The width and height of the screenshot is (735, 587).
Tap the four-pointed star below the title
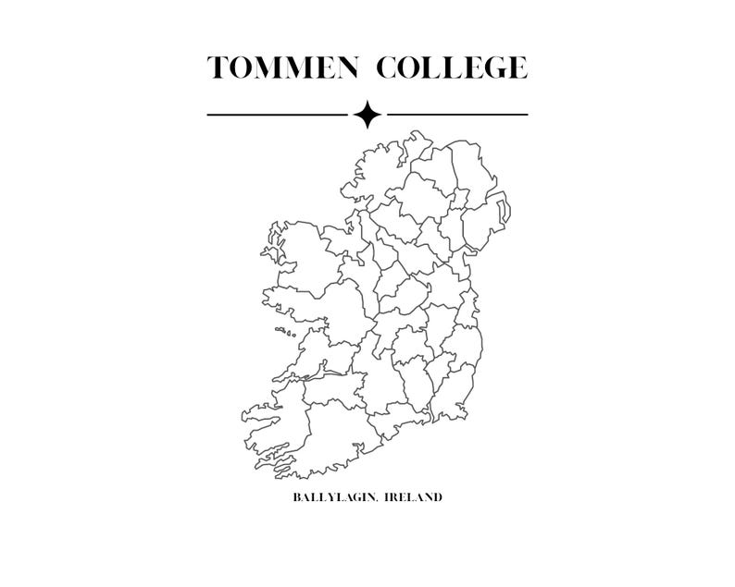coord(367,115)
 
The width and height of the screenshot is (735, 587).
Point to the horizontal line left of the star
coord(277,115)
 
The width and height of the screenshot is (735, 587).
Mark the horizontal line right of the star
coord(457,115)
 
